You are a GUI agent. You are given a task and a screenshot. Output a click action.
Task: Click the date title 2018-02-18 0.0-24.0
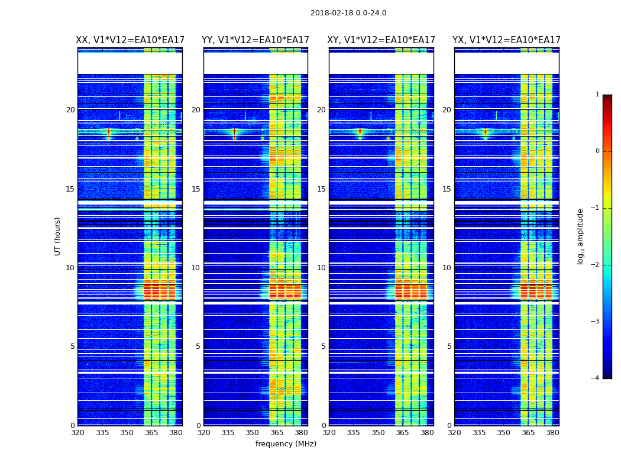(348, 13)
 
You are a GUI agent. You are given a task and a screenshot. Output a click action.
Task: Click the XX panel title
(130, 40)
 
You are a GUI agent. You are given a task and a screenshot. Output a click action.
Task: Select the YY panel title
(255, 40)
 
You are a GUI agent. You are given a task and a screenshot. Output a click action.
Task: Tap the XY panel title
(381, 40)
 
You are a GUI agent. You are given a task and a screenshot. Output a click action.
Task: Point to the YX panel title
(506, 40)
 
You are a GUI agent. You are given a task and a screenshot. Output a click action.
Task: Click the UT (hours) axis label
(57, 236)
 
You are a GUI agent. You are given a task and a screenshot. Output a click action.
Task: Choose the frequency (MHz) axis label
(286, 444)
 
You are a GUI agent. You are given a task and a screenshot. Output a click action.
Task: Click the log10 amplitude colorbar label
(580, 236)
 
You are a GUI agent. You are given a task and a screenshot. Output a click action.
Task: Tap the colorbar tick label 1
(597, 95)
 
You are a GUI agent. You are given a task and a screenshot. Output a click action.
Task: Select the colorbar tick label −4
(596, 378)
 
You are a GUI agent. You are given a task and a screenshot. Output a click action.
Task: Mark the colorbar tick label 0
(597, 151)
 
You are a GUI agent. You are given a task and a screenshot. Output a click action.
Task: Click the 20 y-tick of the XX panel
(70, 110)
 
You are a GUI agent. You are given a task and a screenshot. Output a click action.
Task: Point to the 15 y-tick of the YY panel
(196, 189)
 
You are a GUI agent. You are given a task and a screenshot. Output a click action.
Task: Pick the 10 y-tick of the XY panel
(321, 268)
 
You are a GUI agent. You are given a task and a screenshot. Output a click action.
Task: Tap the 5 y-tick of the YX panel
(449, 346)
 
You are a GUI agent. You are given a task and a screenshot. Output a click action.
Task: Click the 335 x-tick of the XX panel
(102, 433)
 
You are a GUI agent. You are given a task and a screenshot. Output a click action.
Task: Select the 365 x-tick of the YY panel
(277, 433)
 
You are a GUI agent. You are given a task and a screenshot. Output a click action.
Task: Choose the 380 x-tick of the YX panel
(552, 433)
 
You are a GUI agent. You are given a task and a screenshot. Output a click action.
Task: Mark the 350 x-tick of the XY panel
(378, 433)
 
